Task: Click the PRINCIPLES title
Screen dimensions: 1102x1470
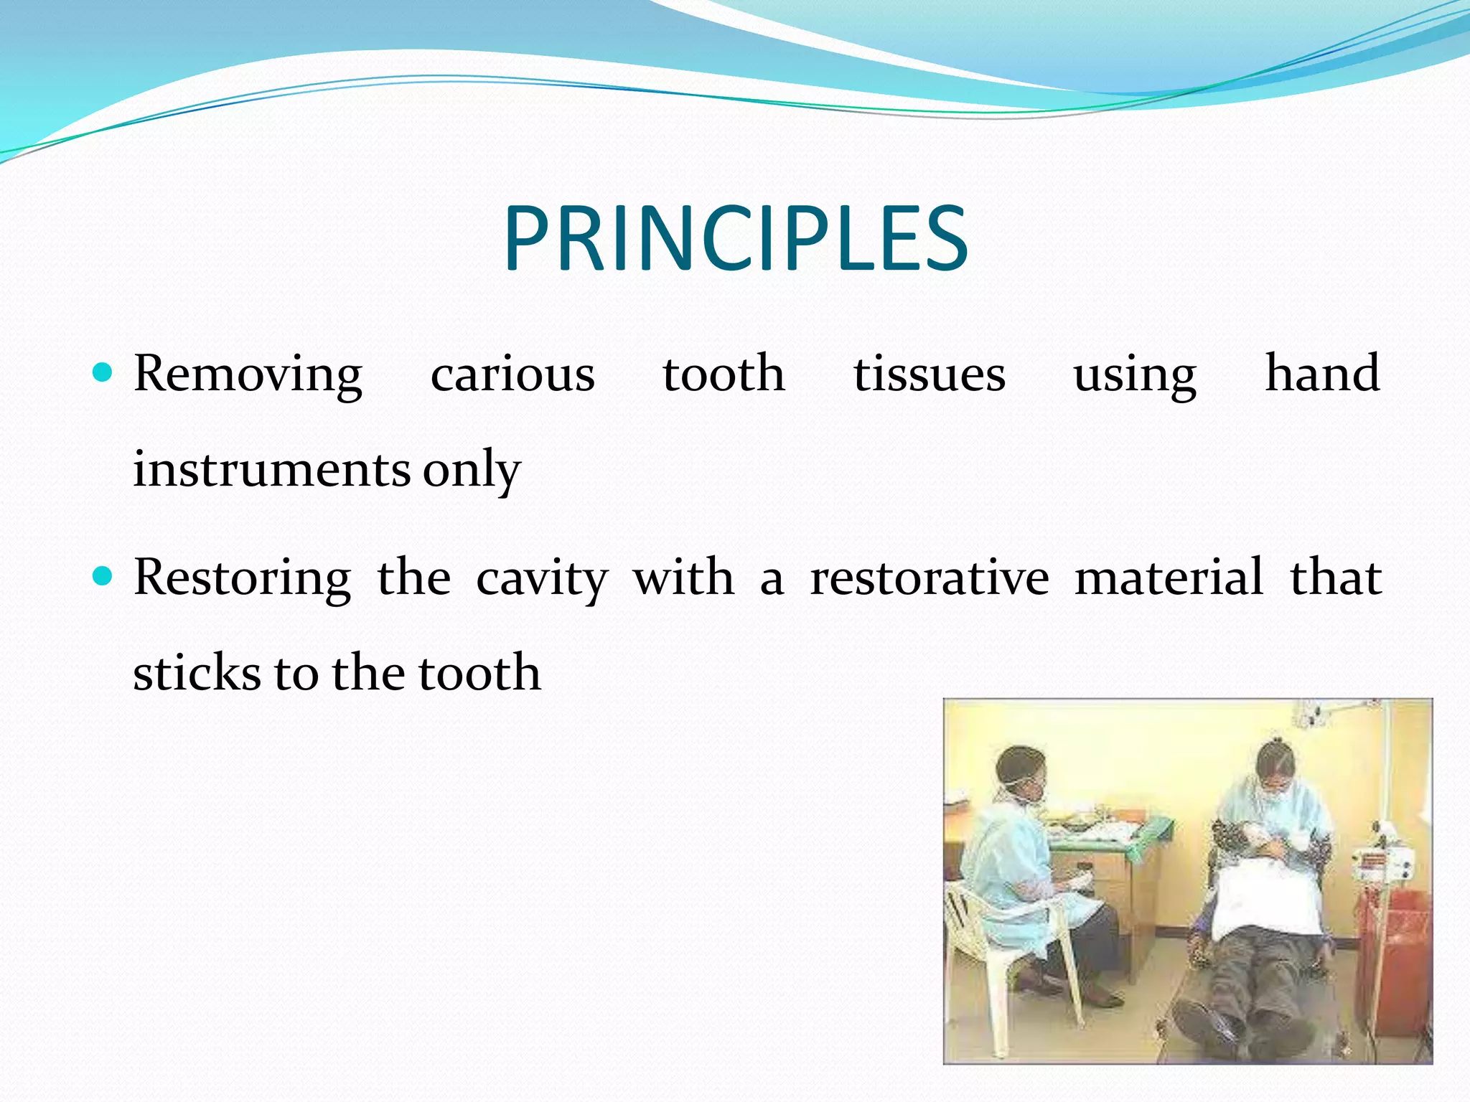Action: [736, 239]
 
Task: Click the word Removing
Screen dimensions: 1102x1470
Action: [248, 375]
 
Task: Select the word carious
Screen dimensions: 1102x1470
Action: [512, 375]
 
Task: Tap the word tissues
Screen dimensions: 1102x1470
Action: [929, 375]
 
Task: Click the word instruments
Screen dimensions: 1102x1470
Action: [271, 469]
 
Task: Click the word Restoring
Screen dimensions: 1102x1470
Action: [243, 578]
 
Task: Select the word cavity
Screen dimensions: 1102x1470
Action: [543, 578]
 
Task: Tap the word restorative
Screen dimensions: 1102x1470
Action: [929, 578]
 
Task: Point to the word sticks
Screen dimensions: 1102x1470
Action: [197, 673]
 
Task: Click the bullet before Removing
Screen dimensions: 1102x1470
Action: [103, 372]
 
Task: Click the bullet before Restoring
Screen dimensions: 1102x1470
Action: [103, 575]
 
